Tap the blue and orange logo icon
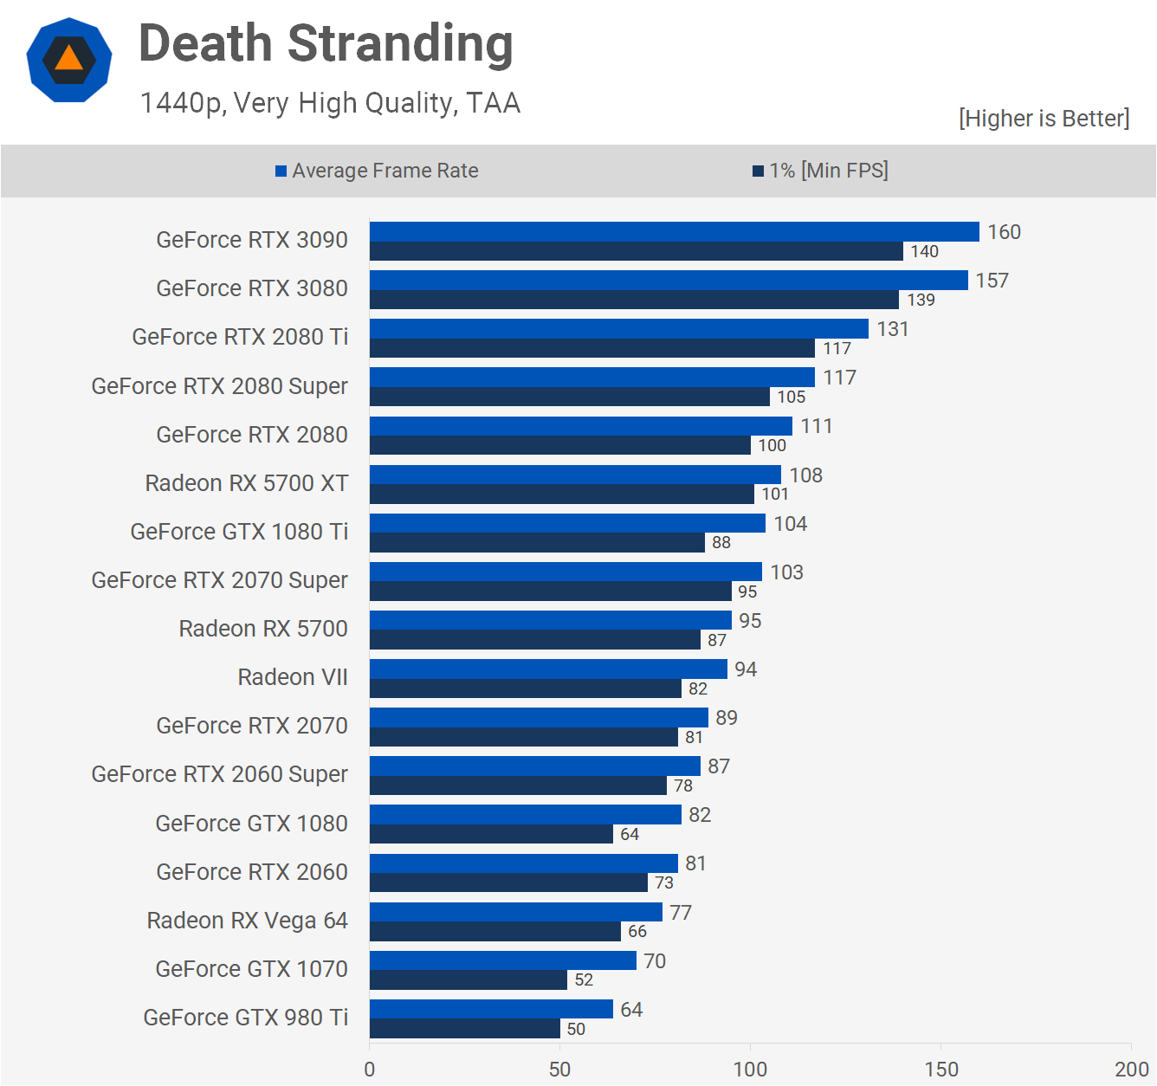69,60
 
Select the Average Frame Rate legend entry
377,171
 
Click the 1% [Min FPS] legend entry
820,171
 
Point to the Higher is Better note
1044,119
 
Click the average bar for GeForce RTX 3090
674,231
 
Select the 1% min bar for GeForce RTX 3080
634,300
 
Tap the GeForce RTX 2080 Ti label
240,337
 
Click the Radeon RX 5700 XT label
247,483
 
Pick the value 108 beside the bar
805,475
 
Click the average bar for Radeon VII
548,669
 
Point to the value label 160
1004,232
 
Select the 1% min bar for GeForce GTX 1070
469,979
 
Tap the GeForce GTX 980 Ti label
246,1018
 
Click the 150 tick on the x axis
941,1069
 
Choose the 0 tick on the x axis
370,1069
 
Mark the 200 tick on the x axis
1131,1069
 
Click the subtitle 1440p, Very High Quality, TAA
330,103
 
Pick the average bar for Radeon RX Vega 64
516,912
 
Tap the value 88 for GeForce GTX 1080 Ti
721,543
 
